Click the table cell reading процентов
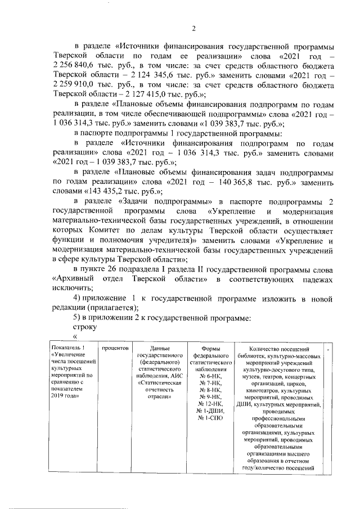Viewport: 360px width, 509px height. click(x=116, y=349)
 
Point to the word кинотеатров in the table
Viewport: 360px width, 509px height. click(x=256, y=389)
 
